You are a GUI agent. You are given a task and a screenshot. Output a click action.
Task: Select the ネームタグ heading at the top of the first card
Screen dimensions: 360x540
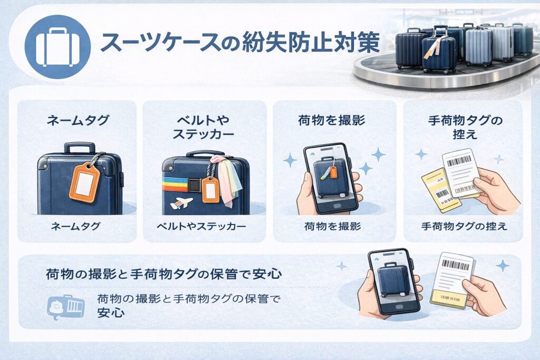78,121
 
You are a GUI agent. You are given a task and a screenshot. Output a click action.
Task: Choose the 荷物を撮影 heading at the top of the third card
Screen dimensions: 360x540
334,121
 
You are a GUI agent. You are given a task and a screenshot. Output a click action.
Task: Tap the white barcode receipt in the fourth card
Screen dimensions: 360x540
460,172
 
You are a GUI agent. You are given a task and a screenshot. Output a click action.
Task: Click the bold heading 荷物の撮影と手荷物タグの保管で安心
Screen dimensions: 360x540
163,274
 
